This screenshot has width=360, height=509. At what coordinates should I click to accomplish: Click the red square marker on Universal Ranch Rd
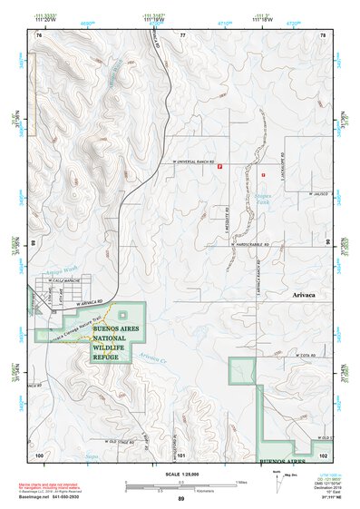click(219, 165)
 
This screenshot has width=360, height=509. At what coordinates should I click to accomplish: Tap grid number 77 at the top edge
click(182, 35)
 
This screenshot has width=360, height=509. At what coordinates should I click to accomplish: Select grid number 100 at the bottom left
click(39, 454)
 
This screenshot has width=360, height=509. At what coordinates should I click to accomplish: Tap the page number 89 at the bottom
click(180, 499)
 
